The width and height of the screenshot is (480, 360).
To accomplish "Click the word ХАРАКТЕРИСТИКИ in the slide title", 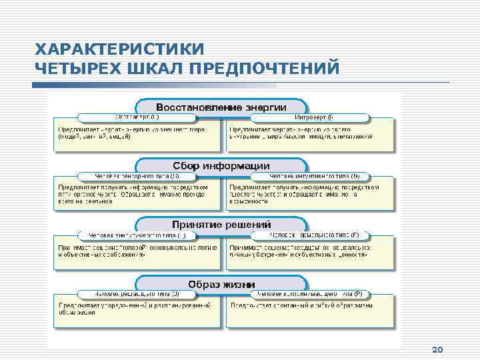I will coord(120,50).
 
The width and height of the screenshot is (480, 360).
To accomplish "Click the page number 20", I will coord(438,350).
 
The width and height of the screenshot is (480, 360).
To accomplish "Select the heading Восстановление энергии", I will coord(221,107).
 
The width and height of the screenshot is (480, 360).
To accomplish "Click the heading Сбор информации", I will coord(221,165).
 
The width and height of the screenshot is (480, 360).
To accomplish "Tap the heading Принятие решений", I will coord(221,224).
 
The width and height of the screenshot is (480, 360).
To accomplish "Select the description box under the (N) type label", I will coord(311,194).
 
